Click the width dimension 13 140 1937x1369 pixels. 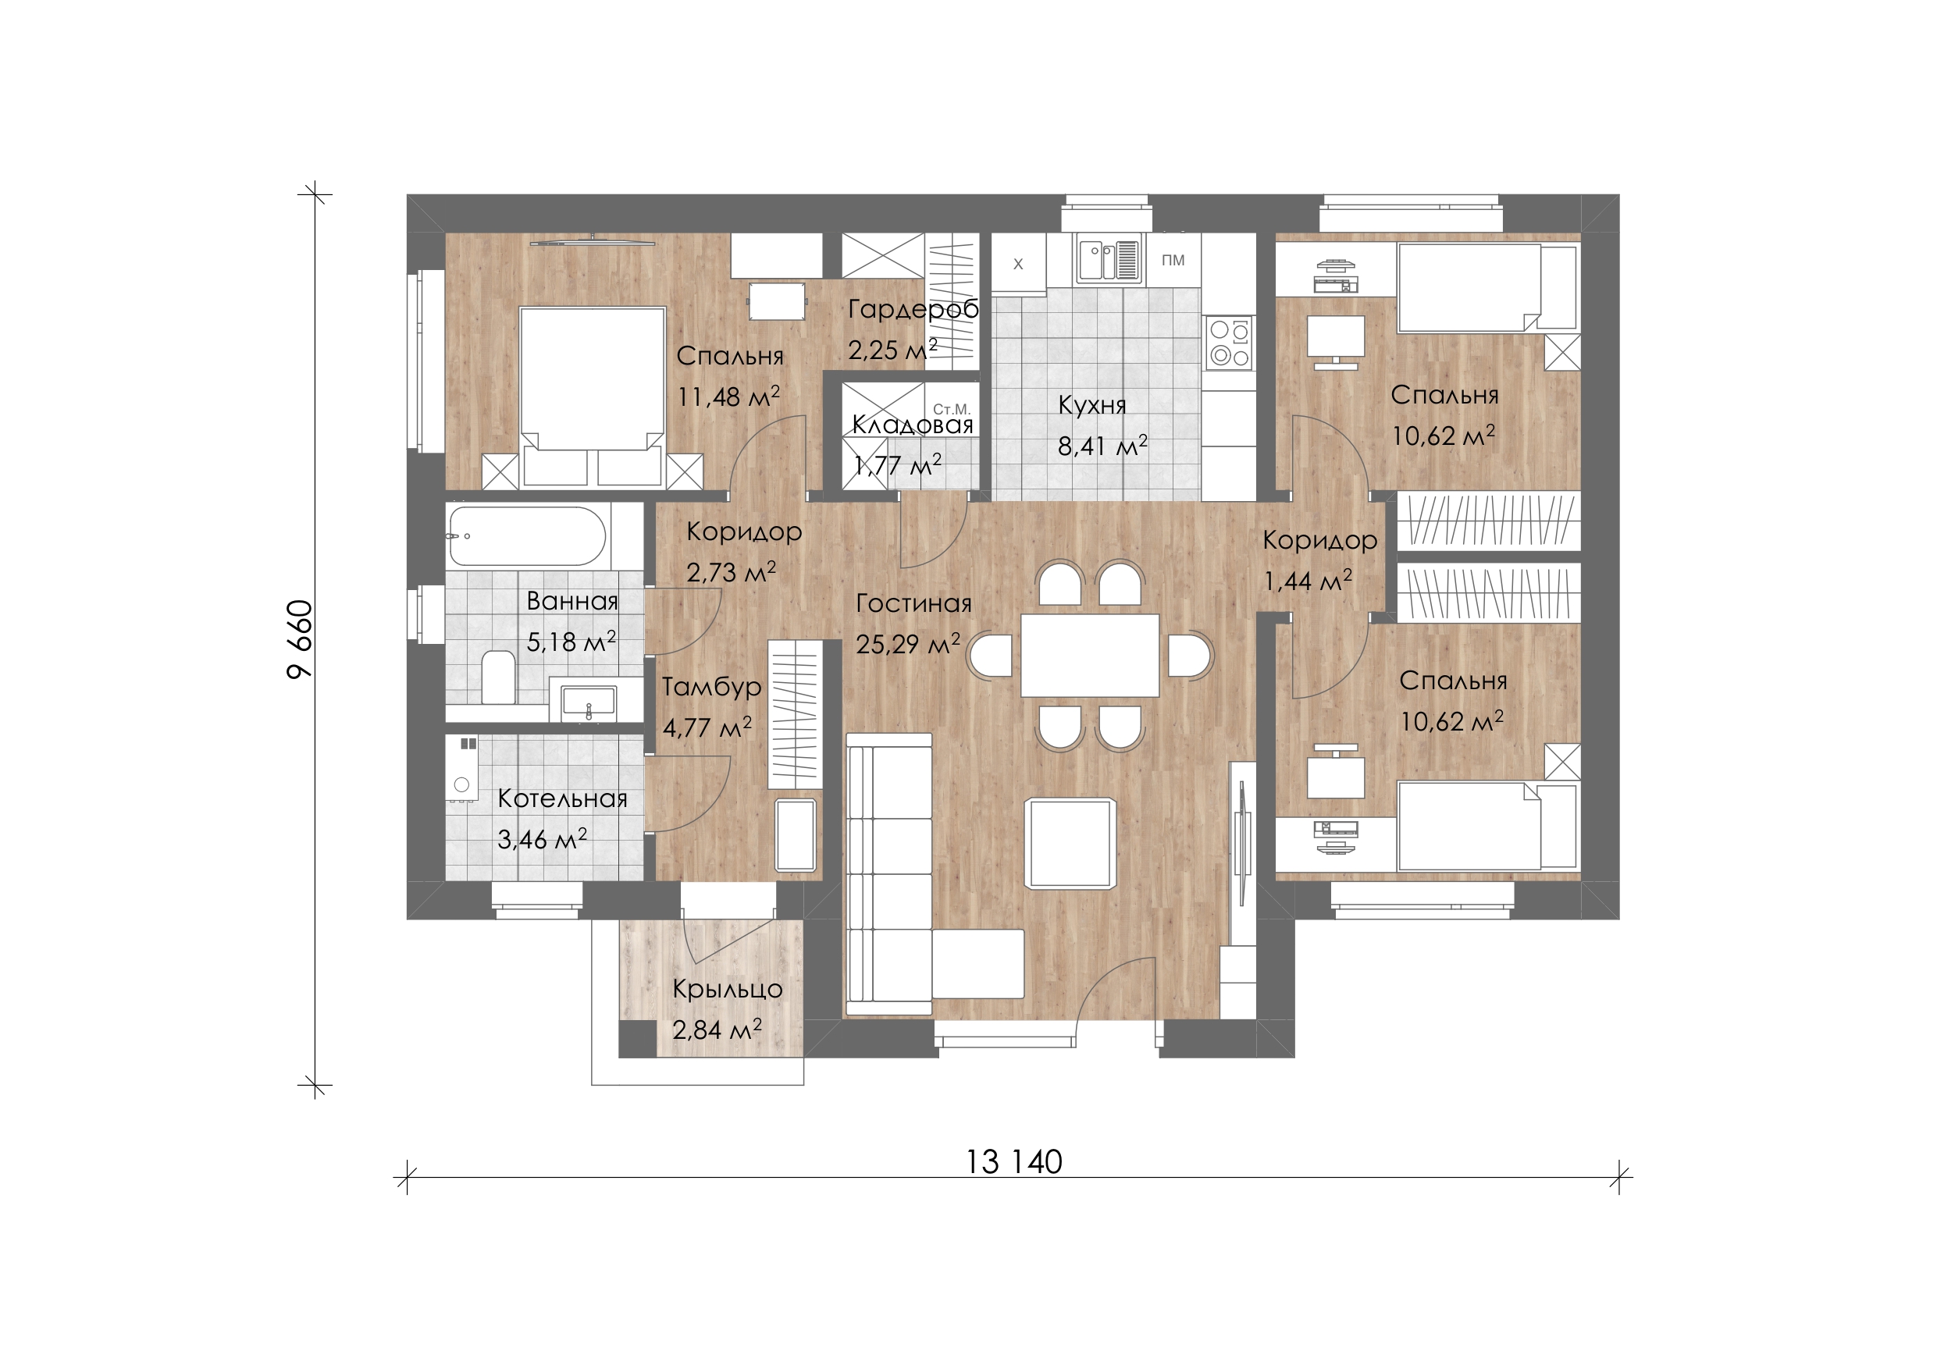(1013, 1162)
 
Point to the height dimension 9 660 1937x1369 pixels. (300, 639)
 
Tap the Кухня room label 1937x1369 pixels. (1092, 406)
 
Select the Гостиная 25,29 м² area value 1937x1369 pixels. (908, 645)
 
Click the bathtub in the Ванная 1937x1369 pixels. (527, 535)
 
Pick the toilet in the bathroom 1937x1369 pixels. (499, 677)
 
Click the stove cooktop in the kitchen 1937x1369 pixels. (1229, 343)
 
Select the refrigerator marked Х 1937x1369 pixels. (1018, 264)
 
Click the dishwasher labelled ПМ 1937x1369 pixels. (1173, 261)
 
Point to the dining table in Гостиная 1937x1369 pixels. (1090, 656)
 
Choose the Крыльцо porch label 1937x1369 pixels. (727, 990)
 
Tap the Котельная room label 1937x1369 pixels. (563, 798)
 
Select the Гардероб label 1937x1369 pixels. (913, 310)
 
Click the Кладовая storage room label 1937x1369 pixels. (913, 425)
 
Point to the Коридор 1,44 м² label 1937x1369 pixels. (1319, 560)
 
